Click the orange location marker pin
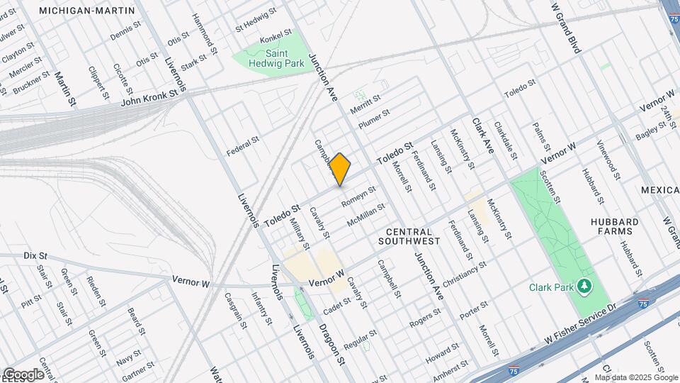[x=340, y=169]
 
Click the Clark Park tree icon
[x=584, y=286]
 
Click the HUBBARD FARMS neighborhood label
[x=615, y=227]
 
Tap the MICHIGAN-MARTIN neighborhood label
[x=87, y=11]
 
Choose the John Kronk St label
[x=149, y=96]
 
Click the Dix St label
[x=35, y=255]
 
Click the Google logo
[x=23, y=374]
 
